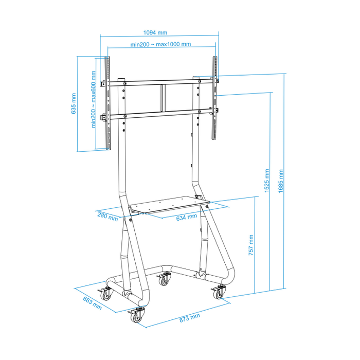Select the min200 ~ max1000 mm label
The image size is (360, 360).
(x=160, y=44)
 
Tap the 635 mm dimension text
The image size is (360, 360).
(x=74, y=103)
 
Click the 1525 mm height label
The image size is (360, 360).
(x=266, y=182)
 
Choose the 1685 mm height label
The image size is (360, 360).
(x=281, y=182)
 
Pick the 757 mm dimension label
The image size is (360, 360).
(x=250, y=246)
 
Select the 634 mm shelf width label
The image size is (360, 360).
(x=186, y=217)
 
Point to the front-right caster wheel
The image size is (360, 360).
(x=218, y=293)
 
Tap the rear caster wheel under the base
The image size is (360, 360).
(x=164, y=280)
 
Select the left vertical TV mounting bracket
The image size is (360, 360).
(x=108, y=102)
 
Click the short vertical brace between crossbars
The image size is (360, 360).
(x=163, y=98)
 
